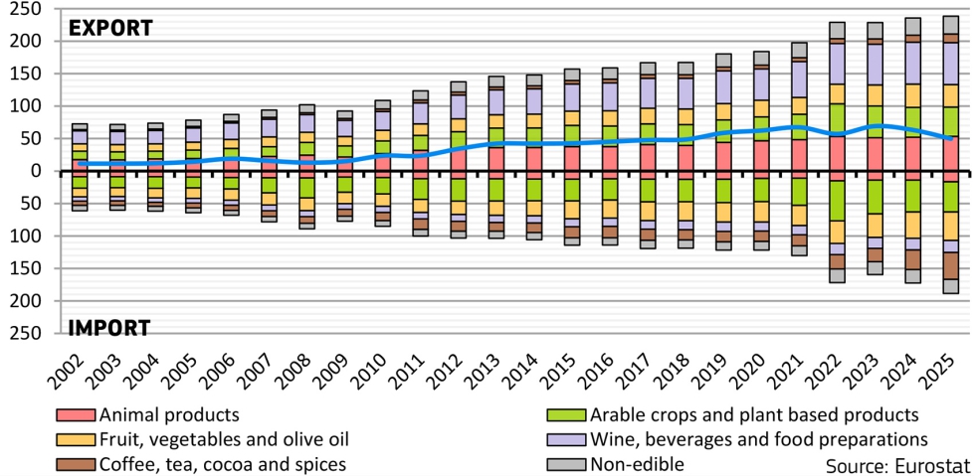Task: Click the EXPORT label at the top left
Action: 109,28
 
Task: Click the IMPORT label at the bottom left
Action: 108,327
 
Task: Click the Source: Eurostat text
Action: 892,464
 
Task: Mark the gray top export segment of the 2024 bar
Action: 912,25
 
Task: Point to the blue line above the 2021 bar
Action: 799,126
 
